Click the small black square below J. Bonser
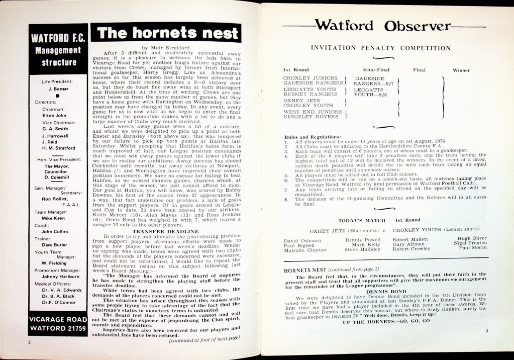[58, 95]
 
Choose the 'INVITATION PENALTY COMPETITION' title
[380, 48]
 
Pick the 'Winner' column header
[461, 70]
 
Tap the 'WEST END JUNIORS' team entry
[313, 112]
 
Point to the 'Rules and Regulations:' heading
[313, 137]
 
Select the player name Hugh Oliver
[472, 238]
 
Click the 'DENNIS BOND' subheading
[386, 291]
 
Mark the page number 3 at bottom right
[486, 330]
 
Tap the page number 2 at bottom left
[30, 342]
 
